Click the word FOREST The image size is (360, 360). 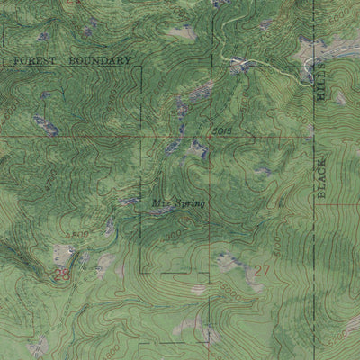(34, 60)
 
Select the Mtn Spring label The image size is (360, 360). (178, 202)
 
